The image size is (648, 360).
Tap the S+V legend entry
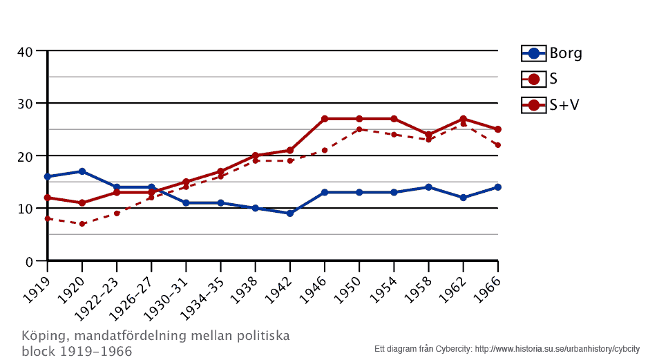click(x=550, y=106)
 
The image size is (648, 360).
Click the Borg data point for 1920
click(x=82, y=171)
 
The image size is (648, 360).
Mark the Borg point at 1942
click(x=290, y=214)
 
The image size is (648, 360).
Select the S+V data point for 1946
click(x=325, y=119)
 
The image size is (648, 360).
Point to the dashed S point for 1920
click(x=82, y=224)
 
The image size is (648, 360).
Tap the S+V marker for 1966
click(x=497, y=129)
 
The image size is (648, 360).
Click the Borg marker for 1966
click(x=497, y=187)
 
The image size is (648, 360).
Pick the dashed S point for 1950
click(x=359, y=129)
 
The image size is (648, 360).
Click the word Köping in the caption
click(x=41, y=337)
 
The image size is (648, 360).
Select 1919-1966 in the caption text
click(x=97, y=351)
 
